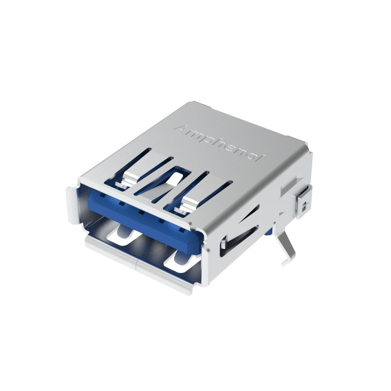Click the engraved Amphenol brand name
coord(219,143)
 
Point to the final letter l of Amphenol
coord(262,158)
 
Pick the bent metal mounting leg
coord(286,246)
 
